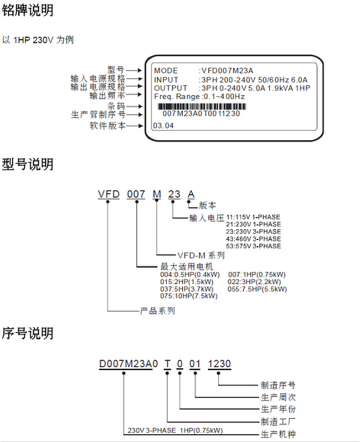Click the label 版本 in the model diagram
tap(208, 206)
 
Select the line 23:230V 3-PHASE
tap(257, 231)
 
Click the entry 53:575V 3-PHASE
tap(257, 246)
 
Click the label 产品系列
tap(157, 311)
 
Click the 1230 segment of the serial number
tap(219, 364)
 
